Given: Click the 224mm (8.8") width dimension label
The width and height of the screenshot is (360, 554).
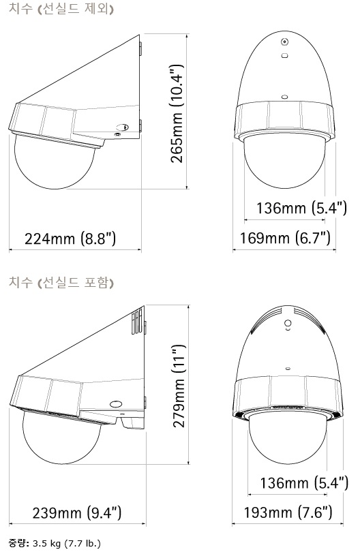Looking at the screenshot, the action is (70, 239).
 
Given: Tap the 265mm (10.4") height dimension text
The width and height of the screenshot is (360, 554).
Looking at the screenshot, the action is (177, 114).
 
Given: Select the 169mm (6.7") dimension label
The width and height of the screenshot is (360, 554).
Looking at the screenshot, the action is (285, 238).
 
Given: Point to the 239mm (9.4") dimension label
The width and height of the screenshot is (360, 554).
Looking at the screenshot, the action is (77, 513).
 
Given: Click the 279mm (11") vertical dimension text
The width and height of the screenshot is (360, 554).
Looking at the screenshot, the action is (179, 386).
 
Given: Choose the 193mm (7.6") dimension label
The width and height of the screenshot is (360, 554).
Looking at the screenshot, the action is (288, 512).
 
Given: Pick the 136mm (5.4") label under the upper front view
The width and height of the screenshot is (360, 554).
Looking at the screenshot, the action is (301, 208).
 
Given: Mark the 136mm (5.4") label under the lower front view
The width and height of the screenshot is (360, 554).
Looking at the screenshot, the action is (304, 483).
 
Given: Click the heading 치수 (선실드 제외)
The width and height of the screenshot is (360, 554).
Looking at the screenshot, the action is (61, 8).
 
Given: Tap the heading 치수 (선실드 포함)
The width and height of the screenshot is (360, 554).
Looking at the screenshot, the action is (61, 282).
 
